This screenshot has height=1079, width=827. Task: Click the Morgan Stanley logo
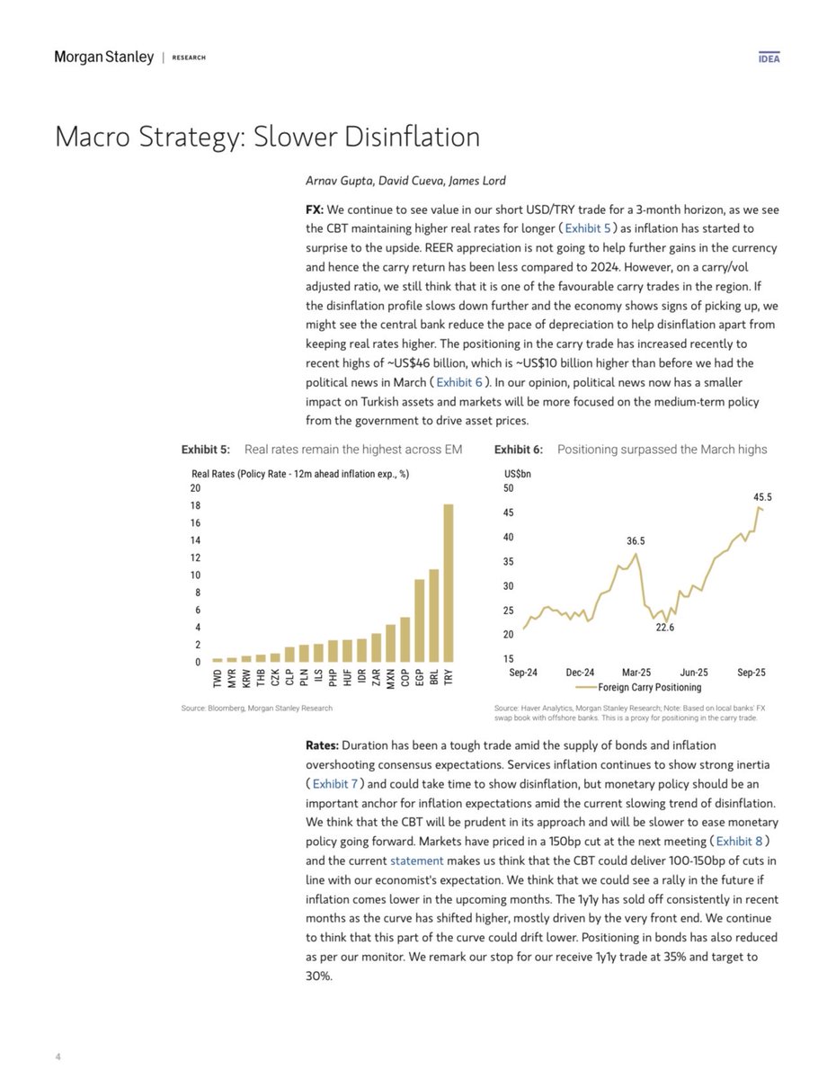point(104,58)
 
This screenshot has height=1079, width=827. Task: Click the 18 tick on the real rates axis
point(196,505)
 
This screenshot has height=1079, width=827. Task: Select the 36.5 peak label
point(636,541)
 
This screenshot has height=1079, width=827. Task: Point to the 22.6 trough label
point(664,627)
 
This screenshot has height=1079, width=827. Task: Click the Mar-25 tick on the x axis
point(636,672)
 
